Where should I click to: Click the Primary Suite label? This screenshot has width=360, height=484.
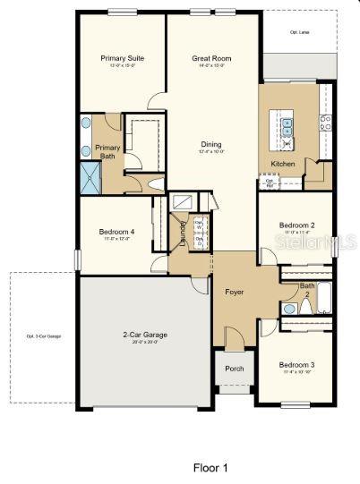coord(123,58)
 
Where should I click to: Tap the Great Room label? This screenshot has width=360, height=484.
coord(211,58)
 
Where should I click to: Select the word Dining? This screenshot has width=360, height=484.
coord(211,144)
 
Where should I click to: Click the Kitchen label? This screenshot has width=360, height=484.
coord(283,165)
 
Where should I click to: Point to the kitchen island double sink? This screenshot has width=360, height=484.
coord(287,125)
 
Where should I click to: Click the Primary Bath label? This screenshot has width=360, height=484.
coord(107,152)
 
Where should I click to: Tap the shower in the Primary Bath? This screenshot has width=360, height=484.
coord(91,178)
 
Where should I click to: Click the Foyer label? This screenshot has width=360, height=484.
coord(235,291)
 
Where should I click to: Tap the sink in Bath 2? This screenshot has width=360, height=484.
coord(289,309)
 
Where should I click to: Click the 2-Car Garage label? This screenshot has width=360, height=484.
coord(144,335)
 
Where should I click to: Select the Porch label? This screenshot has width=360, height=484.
coord(235,368)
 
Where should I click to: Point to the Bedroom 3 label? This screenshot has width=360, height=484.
coord(296,365)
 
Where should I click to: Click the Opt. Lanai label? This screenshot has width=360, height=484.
coord(298,31)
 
